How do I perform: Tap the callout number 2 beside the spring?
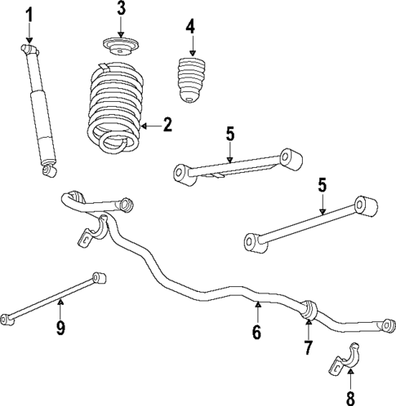(167, 125)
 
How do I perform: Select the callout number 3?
(121, 10)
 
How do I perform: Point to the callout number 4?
(190, 27)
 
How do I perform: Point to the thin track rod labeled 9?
(53, 297)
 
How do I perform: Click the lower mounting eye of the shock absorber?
(48, 170)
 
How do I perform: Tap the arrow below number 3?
(121, 29)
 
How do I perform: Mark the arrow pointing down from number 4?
(190, 46)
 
